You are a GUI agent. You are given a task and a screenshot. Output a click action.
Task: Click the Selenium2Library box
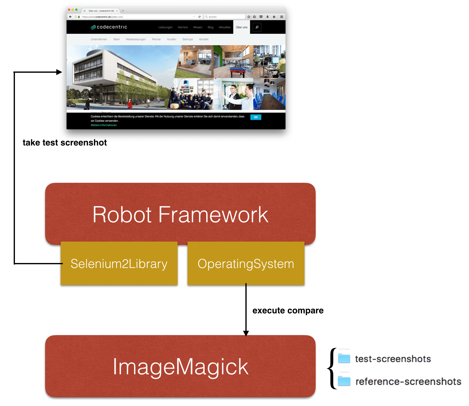click(x=119, y=264)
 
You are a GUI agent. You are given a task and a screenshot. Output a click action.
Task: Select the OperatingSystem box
click(x=246, y=264)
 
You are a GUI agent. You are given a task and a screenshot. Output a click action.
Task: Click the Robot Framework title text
click(x=180, y=215)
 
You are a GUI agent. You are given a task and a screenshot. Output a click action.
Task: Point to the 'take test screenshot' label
click(x=65, y=143)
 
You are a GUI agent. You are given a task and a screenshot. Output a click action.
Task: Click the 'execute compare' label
click(x=288, y=311)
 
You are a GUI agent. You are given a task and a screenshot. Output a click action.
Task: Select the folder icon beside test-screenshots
click(x=344, y=358)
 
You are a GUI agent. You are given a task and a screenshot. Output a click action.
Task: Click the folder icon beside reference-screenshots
click(x=344, y=381)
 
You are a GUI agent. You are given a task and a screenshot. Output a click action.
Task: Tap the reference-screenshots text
click(x=408, y=381)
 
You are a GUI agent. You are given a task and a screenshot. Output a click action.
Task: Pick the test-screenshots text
click(x=393, y=359)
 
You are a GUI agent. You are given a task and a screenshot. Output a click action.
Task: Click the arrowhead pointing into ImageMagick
click(x=246, y=333)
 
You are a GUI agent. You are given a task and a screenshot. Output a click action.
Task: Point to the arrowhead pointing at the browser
click(x=59, y=72)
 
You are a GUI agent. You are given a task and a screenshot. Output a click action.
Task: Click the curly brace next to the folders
click(x=332, y=369)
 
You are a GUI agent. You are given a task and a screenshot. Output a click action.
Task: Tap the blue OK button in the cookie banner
click(x=256, y=117)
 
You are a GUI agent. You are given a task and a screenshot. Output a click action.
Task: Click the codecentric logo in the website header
click(x=109, y=27)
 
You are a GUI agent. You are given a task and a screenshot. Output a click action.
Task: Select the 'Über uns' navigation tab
click(x=241, y=27)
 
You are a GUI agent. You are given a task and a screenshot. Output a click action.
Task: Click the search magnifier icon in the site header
click(x=257, y=27)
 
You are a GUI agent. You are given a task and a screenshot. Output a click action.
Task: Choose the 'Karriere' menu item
click(x=183, y=27)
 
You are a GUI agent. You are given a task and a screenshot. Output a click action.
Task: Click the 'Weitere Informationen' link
click(x=104, y=125)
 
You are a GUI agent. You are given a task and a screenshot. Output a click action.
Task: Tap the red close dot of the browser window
click(x=69, y=10)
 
